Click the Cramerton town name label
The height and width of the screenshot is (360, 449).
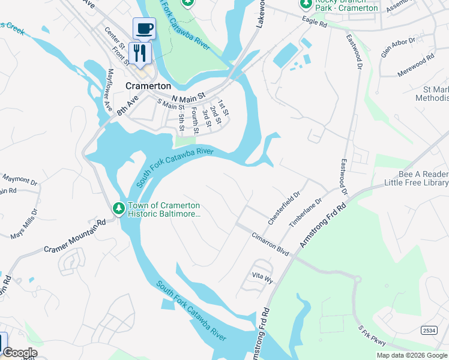[x=148, y=86]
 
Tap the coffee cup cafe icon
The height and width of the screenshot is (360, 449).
[x=144, y=28]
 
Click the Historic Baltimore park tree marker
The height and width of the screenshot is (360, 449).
[x=119, y=209]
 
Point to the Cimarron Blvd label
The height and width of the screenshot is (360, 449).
[x=271, y=244]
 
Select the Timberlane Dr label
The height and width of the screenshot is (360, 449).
[x=306, y=212]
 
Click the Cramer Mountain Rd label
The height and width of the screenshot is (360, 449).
[x=74, y=235]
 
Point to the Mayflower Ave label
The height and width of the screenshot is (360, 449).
[x=109, y=90]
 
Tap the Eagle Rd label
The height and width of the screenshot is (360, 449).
[x=315, y=25]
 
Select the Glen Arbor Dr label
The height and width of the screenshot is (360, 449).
[x=398, y=47]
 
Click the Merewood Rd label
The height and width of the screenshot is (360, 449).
[x=415, y=66]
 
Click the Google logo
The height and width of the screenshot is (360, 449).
[x=20, y=353]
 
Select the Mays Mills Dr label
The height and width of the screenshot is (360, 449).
[x=23, y=224]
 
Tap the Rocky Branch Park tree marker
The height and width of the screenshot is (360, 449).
[x=307, y=4]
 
